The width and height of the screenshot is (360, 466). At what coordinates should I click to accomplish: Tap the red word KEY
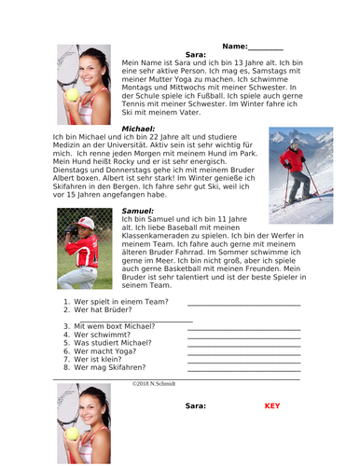point(272,406)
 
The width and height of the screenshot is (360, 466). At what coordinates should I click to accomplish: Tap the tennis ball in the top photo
point(72,95)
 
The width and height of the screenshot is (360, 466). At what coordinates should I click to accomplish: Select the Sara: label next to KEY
point(195,406)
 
